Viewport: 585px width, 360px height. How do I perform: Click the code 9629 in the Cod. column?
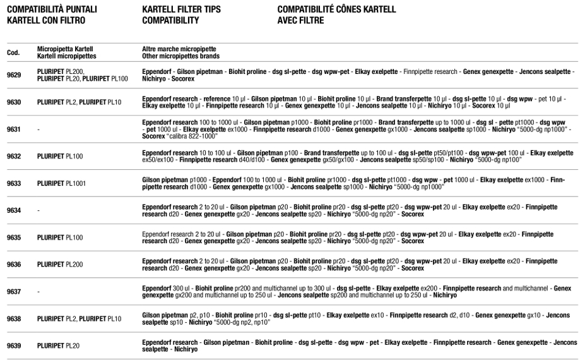[13, 75]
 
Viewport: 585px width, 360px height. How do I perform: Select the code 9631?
[13, 129]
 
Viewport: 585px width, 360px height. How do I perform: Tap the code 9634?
[13, 210]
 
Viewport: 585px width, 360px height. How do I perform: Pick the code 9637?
[13, 292]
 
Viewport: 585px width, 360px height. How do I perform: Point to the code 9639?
[13, 346]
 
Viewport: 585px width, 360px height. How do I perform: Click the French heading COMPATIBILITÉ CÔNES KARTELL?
[336, 9]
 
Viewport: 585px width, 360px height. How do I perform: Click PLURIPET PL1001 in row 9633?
[59, 183]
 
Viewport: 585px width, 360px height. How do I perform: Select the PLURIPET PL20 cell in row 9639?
[58, 346]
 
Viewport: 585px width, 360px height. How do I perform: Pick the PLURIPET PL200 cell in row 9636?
[60, 265]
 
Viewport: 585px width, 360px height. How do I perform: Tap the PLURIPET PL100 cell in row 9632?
[60, 156]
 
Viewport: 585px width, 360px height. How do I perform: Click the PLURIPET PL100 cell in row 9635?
[60, 237]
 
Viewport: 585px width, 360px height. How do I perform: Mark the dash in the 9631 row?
[38, 129]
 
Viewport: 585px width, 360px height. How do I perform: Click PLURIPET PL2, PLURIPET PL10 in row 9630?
[79, 102]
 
